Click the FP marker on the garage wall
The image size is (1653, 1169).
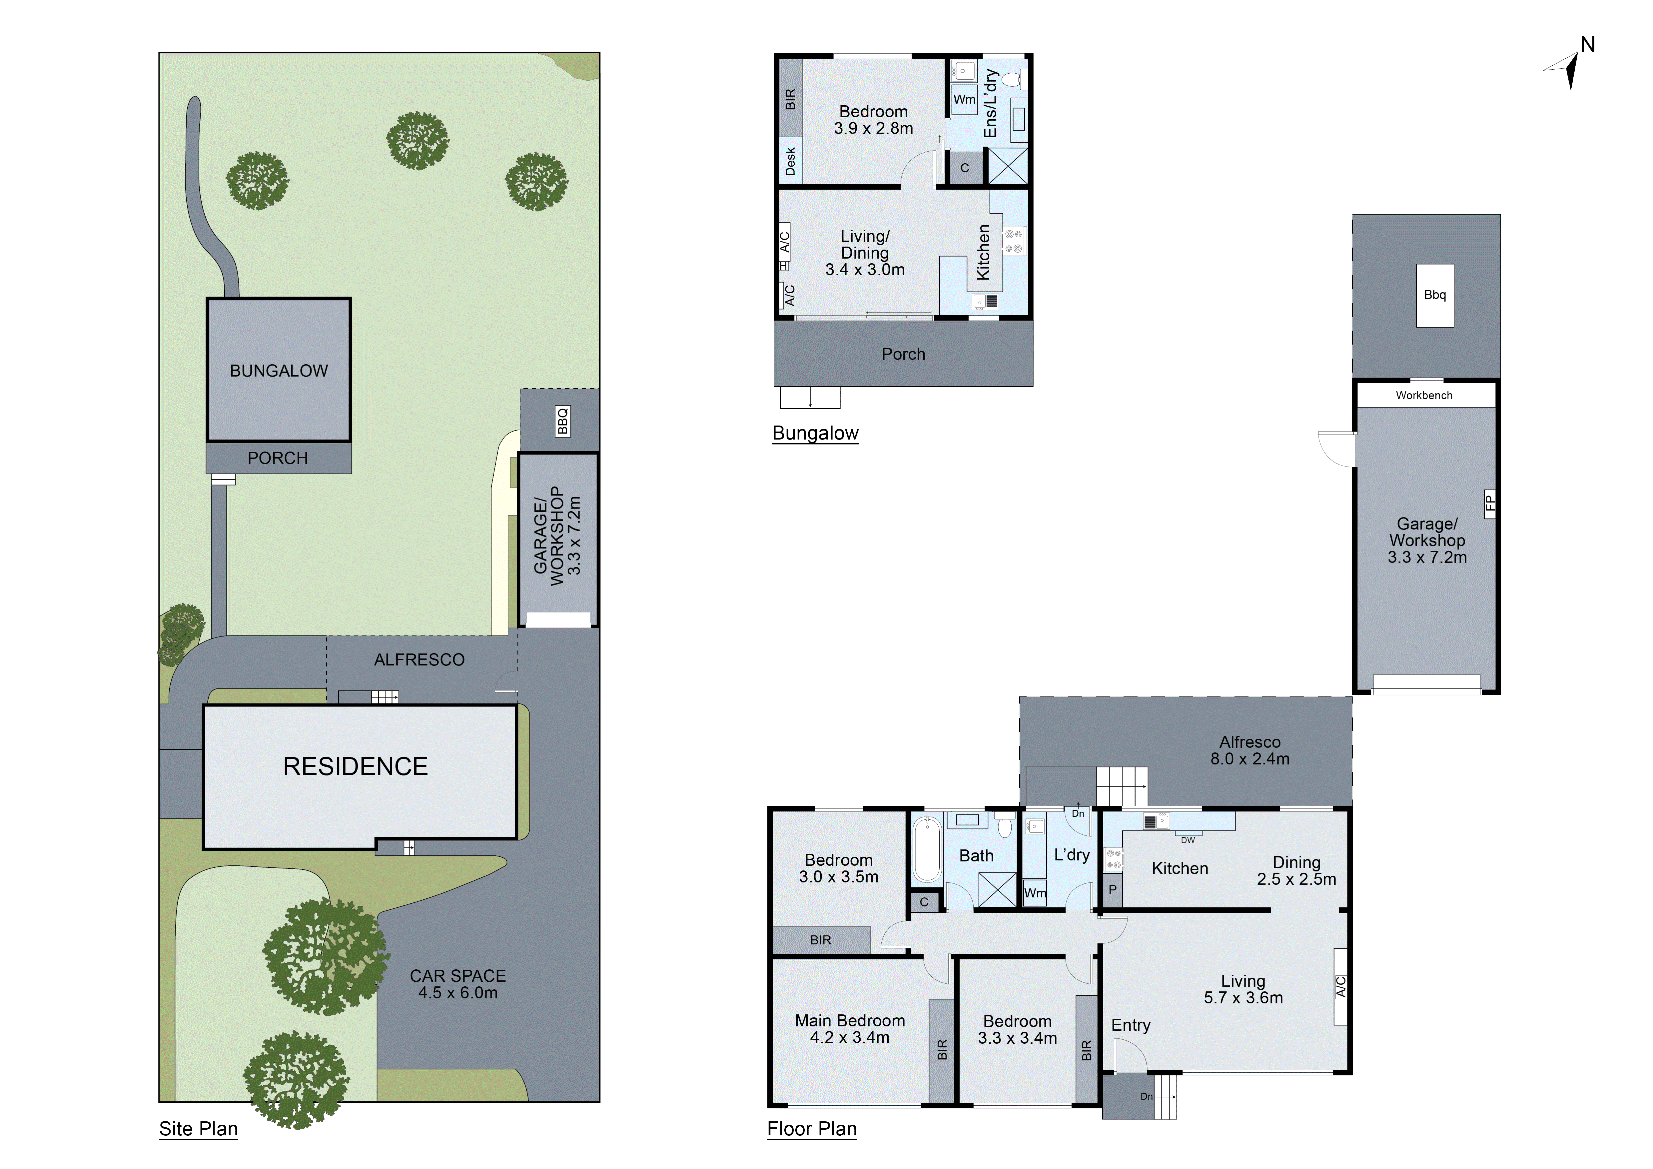click(1490, 502)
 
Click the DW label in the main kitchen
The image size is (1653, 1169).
click(1188, 840)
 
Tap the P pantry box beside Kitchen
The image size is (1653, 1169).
click(1112, 890)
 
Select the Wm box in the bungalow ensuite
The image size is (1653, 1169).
click(964, 99)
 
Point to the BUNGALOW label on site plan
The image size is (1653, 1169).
click(279, 371)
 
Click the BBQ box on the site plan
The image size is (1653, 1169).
click(562, 421)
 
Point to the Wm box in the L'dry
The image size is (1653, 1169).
click(1035, 893)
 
